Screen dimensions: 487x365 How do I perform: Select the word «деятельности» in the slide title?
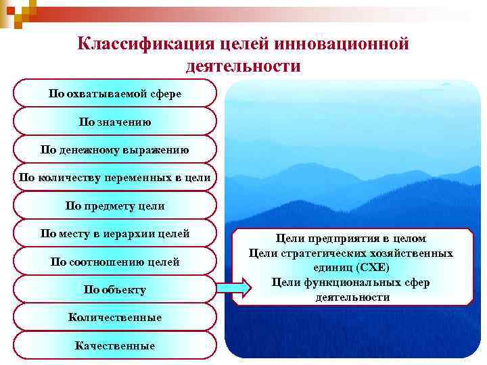pos(243,66)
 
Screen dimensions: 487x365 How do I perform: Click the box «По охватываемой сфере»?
pos(115,93)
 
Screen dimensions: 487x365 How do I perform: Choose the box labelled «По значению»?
pos(115,122)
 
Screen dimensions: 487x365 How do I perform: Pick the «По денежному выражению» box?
pos(115,149)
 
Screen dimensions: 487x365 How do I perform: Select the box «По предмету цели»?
pos(115,205)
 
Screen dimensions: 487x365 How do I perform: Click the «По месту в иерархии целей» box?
pos(115,234)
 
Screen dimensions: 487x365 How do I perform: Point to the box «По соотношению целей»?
pos(115,262)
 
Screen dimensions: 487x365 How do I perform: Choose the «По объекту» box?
pos(115,289)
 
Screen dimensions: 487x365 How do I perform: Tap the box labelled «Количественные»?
pos(115,317)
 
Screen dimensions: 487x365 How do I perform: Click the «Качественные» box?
pos(115,345)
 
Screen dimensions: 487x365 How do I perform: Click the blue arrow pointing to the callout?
pos(233,289)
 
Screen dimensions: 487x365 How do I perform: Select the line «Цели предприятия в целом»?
pos(351,239)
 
